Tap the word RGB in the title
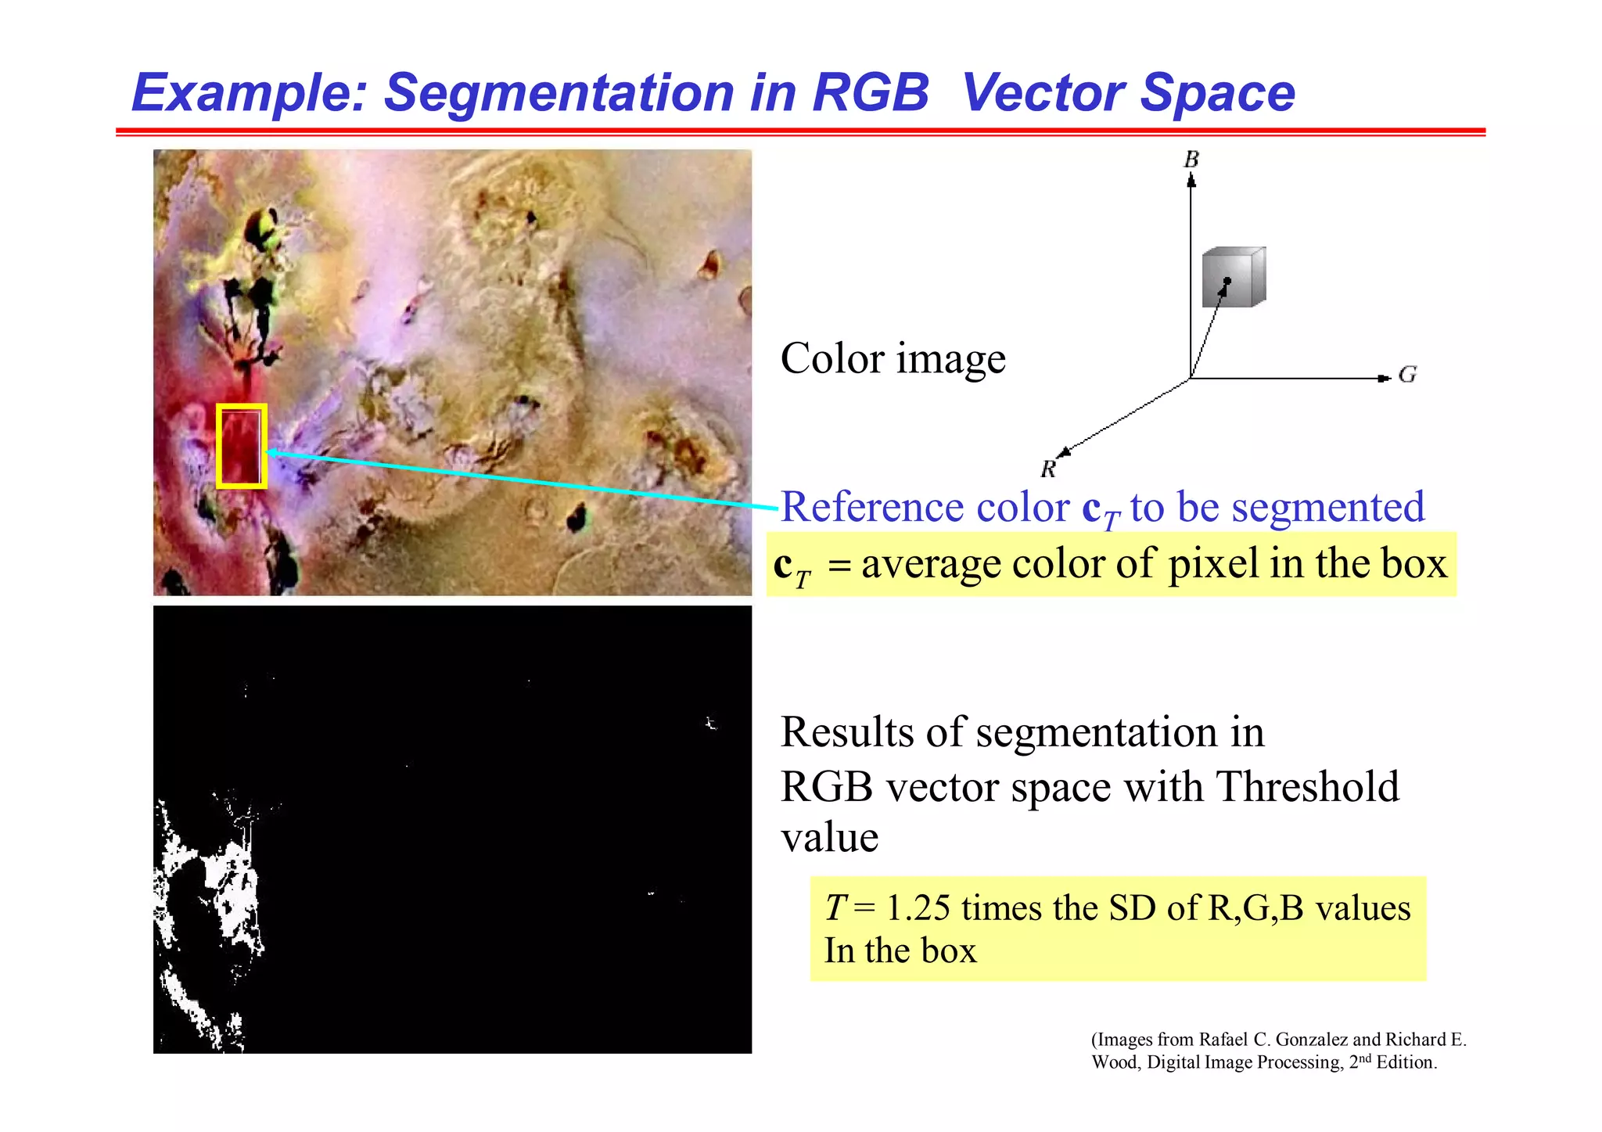pos(870,93)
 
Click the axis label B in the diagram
pos(1191,160)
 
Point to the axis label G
pos(1407,375)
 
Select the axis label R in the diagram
pos(1048,469)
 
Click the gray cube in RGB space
pos(1234,278)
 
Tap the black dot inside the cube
pos(1227,281)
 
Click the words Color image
pos(893,359)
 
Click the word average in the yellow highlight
pos(930,563)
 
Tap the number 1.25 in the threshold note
pos(918,908)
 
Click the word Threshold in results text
pos(1307,786)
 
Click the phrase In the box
pos(900,951)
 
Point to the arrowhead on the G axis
pos(1382,379)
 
